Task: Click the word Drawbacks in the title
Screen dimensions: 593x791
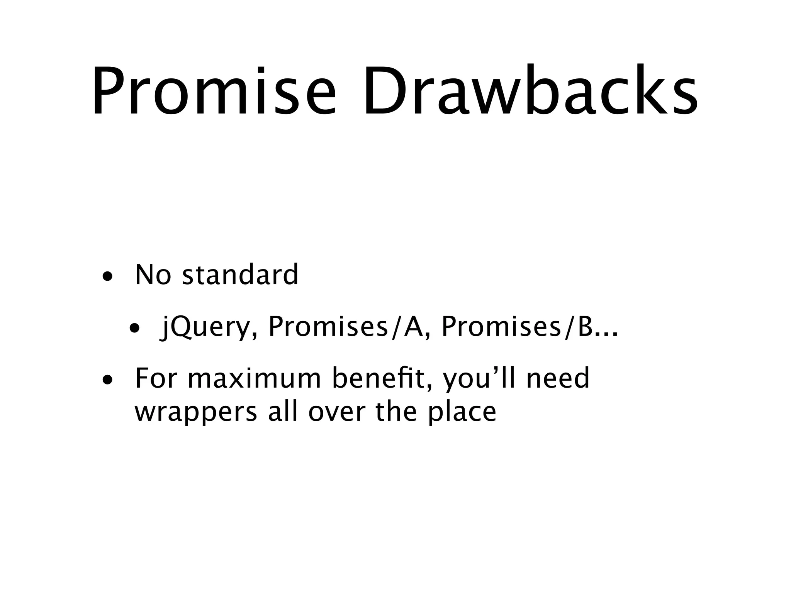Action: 529,91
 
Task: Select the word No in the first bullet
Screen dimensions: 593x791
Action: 153,275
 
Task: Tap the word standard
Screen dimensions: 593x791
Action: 240,275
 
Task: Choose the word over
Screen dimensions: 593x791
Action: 336,412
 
